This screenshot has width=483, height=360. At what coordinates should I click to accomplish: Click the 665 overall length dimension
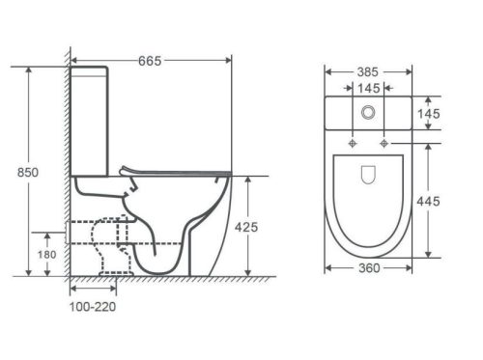point(150,61)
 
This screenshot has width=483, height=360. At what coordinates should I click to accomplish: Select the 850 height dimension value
point(28,173)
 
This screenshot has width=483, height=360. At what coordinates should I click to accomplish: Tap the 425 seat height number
point(246,228)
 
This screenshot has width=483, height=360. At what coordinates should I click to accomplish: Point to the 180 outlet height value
point(47,255)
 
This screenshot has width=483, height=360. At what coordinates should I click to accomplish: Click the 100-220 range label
point(93,307)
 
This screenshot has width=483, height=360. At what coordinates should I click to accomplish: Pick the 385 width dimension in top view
point(368,72)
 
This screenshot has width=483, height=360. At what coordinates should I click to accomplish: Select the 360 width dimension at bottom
point(369,268)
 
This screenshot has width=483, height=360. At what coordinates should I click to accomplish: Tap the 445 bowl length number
point(428,202)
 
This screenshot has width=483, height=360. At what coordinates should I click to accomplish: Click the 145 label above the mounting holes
point(369,88)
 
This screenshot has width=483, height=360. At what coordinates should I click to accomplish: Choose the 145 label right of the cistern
point(429,114)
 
